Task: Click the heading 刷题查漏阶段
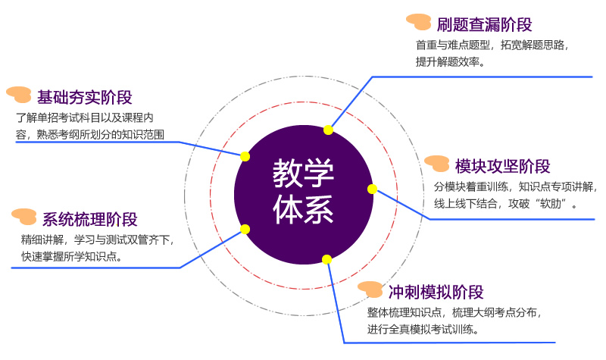click(x=485, y=23)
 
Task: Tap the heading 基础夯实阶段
click(x=85, y=97)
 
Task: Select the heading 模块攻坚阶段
click(x=503, y=167)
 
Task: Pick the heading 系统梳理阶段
click(x=90, y=220)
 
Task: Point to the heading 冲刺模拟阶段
click(x=436, y=293)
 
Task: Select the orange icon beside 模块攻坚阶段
click(x=438, y=164)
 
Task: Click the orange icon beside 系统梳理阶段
click(x=25, y=216)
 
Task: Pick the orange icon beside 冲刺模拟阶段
click(x=370, y=289)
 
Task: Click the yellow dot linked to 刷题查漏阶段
click(x=328, y=130)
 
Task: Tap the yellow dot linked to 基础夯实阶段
click(x=245, y=156)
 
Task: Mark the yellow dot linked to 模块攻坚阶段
click(x=372, y=189)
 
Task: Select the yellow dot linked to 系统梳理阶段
click(x=245, y=229)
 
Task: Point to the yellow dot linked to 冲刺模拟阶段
click(x=327, y=259)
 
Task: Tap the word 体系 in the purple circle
click(x=304, y=209)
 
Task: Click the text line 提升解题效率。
click(x=450, y=62)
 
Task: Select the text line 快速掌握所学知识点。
click(x=73, y=256)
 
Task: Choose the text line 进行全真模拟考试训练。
click(x=422, y=329)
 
